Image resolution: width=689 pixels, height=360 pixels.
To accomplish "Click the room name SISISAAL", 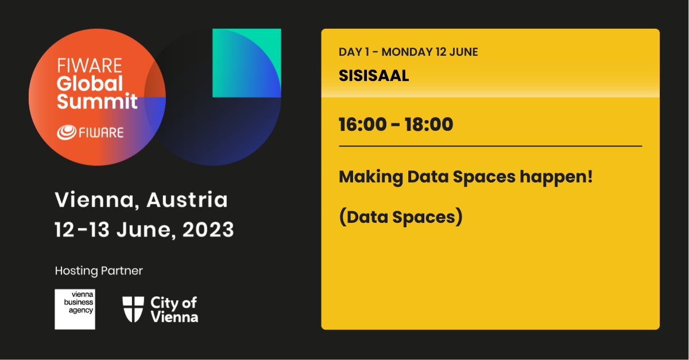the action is [374, 75].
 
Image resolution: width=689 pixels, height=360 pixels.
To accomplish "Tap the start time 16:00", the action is [363, 125].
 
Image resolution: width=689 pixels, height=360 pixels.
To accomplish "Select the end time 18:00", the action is [429, 125].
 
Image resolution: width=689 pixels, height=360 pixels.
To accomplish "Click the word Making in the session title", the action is [371, 177].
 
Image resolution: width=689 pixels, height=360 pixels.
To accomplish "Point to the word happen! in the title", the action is [556, 177].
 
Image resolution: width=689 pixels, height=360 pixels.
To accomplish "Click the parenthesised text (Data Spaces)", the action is [401, 217].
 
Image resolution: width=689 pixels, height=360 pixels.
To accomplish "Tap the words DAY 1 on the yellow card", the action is [354, 52].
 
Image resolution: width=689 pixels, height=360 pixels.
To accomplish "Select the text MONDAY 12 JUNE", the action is [429, 52].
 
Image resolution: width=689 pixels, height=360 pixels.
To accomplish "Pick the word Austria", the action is [187, 200].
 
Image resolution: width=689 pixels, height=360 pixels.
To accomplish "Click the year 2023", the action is [208, 230].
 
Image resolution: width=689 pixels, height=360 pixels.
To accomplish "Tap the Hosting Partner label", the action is [99, 271].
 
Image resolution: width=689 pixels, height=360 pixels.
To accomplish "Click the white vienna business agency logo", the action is [75, 309].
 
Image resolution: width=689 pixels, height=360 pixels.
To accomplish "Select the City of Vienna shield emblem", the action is [133, 309].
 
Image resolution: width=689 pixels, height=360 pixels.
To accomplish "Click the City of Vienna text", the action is [175, 310].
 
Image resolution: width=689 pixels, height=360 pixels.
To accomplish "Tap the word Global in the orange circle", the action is [90, 83].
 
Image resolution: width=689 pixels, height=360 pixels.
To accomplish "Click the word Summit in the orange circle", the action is [97, 101].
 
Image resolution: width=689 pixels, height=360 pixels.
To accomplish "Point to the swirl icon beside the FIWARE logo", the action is [67, 132].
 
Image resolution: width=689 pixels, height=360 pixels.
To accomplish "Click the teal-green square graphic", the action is [247, 63].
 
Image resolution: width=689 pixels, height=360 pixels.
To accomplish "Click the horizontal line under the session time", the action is [490, 146].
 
